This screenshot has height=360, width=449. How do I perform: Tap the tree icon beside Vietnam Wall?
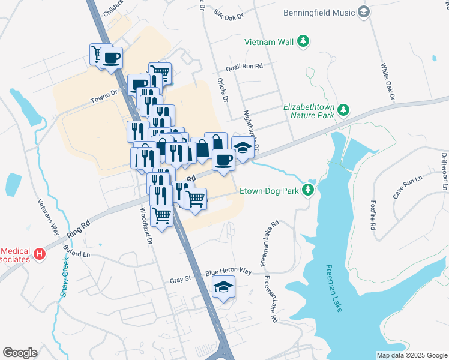tap(304, 41)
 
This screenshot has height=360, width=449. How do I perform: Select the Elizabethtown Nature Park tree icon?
tap(343, 110)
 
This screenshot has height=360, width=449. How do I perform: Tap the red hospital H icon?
tap(40, 254)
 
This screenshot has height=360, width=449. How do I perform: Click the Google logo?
tap(20, 353)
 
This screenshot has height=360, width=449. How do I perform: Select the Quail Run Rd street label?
tap(244, 67)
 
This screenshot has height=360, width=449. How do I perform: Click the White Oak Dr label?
tap(387, 82)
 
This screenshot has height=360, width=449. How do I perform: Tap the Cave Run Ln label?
tap(409, 182)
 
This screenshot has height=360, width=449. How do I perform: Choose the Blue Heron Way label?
tap(228, 271)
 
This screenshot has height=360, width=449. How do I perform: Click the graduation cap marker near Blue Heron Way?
tap(223, 288)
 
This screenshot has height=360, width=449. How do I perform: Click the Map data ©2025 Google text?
tap(411, 355)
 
